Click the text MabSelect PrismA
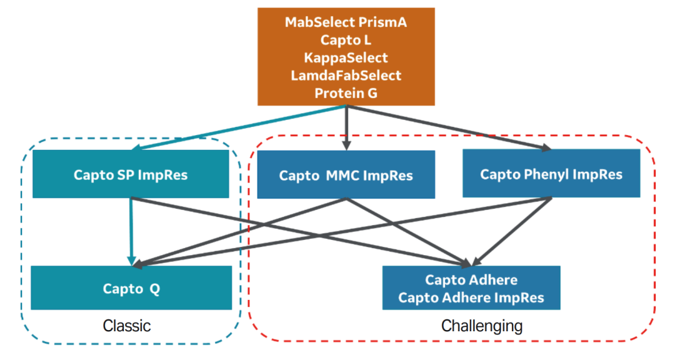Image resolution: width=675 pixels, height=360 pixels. tap(346, 22)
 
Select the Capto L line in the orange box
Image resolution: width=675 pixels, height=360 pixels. tap(346, 40)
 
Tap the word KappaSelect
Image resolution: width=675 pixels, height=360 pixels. tap(346, 57)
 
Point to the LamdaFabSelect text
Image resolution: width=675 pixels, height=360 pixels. tap(346, 76)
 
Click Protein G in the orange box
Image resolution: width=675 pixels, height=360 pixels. tap(346, 93)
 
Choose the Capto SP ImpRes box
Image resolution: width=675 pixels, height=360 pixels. tap(131, 174)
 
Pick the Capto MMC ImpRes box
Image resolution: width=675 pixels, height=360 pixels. tap(346, 175)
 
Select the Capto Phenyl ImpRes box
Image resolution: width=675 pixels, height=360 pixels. tap(551, 173)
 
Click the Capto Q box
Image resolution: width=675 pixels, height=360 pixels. tap(131, 288)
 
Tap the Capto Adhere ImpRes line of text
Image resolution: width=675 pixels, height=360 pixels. tap(471, 297)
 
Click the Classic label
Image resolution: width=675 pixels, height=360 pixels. tap(127, 326)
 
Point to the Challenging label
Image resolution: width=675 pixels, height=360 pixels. tap(482, 326)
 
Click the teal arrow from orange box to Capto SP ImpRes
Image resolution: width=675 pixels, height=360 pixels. tap(237, 127)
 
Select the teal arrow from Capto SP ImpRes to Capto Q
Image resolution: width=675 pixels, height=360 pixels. tap(131, 231)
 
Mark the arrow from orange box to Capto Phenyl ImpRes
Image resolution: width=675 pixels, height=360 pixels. tap(450, 128)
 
